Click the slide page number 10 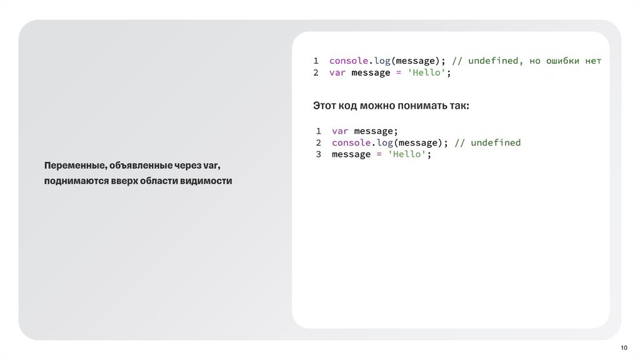[623, 348]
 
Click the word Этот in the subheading [324, 106]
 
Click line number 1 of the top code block [316, 61]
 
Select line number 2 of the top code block [316, 72]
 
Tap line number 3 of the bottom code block [318, 154]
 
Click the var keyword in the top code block [337, 72]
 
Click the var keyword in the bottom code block [339, 131]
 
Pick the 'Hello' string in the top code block [427, 72]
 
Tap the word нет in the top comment [593, 61]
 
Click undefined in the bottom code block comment [496, 142]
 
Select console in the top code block [348, 61]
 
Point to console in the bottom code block [351, 142]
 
